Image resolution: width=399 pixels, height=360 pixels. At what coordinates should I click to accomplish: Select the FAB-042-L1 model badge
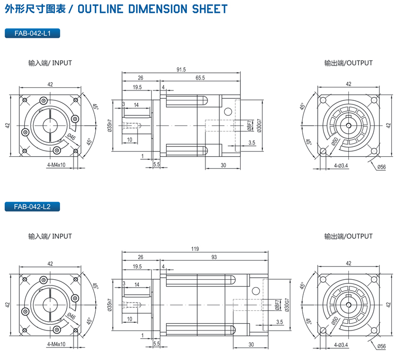32,34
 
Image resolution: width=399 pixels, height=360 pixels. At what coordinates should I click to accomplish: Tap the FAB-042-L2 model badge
32,207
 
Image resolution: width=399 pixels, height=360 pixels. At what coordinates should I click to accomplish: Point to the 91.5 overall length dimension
181,69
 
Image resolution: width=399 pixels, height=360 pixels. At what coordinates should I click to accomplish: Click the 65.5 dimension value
200,78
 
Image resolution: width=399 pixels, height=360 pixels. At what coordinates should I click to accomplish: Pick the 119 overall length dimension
195,249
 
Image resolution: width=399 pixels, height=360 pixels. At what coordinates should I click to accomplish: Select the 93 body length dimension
214,257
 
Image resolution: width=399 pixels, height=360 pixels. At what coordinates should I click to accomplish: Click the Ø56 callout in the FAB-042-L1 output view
381,167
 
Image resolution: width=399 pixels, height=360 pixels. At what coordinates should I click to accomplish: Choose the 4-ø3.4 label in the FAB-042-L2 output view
341,344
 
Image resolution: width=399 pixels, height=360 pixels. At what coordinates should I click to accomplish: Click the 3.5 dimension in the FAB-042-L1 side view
252,142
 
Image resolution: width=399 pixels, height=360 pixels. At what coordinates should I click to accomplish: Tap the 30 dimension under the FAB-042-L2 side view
251,344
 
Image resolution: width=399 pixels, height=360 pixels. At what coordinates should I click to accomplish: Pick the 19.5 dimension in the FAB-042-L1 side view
137,87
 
